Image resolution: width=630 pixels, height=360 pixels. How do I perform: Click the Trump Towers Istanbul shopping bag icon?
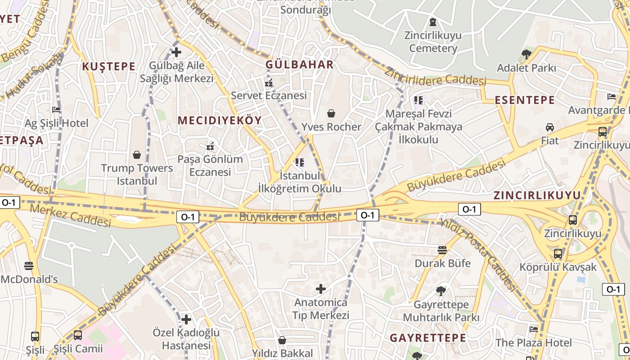click(x=137, y=155)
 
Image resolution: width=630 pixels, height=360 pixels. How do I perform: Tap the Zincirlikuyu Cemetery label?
click(x=433, y=41)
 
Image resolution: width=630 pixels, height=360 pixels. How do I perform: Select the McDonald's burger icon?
click(x=29, y=266)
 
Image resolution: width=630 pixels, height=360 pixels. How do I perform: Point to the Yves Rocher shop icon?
click(x=331, y=113)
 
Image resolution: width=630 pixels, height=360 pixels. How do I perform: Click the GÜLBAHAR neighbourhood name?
click(x=300, y=64)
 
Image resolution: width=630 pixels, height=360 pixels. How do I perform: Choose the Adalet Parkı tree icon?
click(x=526, y=55)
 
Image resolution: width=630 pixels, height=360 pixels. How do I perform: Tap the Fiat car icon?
click(x=549, y=127)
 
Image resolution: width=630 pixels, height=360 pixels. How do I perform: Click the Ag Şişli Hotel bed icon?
click(x=56, y=109)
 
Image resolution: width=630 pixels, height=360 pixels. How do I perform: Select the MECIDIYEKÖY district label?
click(x=220, y=120)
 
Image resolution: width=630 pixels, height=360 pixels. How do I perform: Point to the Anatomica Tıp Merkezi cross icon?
click(x=321, y=288)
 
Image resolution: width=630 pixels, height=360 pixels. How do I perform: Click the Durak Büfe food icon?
click(x=443, y=250)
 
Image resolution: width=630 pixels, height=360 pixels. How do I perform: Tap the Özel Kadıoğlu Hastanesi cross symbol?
click(x=186, y=319)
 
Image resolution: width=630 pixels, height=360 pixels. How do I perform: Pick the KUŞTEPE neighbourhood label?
click(x=108, y=67)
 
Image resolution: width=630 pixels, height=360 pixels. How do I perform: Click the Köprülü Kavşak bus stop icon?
click(x=558, y=254)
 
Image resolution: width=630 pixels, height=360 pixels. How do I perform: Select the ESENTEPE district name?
click(x=525, y=100)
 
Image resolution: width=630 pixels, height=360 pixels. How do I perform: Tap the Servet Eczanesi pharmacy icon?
click(x=269, y=82)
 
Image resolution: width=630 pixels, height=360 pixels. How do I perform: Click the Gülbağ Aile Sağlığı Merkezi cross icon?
click(x=176, y=52)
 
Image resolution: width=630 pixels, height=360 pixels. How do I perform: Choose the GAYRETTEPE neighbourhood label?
click(x=427, y=338)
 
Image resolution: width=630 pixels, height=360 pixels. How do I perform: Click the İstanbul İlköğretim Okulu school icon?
click(x=300, y=162)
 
